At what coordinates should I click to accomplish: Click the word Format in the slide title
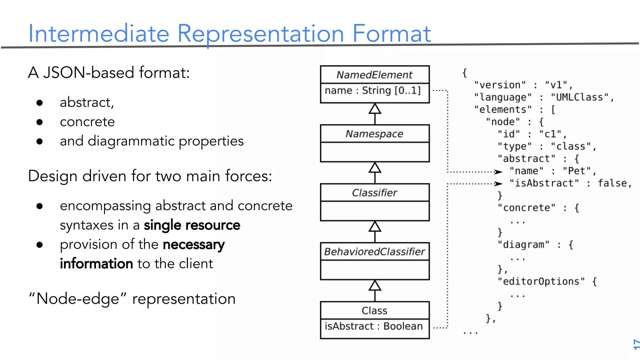click(392, 34)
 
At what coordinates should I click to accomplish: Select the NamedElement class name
click(374, 75)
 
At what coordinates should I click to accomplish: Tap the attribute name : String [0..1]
click(372, 91)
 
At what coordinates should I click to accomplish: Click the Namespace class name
click(374, 134)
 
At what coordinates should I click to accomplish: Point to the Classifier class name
click(374, 193)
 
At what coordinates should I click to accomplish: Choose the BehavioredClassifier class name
click(374, 252)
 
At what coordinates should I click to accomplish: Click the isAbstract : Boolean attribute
click(373, 326)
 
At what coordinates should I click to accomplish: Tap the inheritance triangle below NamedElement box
click(375, 109)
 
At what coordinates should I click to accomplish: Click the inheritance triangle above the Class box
click(375, 286)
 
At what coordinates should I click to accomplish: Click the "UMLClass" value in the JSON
click(579, 97)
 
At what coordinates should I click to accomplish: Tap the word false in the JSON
click(612, 183)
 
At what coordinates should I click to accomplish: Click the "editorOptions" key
click(541, 281)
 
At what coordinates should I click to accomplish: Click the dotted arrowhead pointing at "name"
click(499, 172)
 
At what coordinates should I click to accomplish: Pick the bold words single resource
click(192, 225)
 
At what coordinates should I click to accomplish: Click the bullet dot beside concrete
click(39, 122)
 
